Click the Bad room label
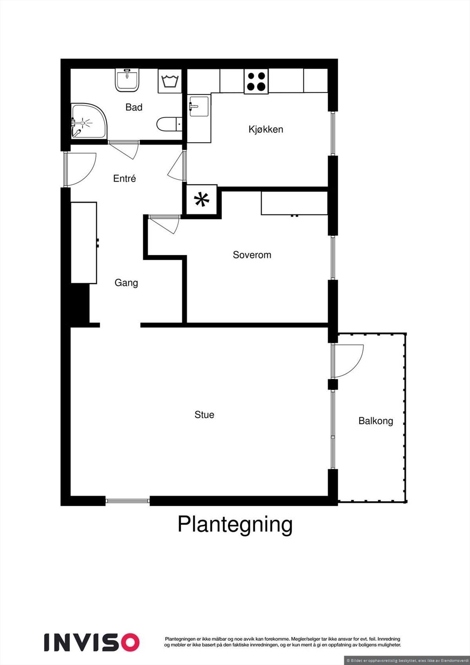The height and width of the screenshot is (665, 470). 134,107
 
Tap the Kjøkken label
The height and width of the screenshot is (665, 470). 266,129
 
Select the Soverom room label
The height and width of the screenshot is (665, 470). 252,255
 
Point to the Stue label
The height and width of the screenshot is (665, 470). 204,414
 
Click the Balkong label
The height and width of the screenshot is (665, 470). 376,421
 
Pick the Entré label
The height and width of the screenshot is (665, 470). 124,178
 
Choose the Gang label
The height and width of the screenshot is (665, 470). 126,283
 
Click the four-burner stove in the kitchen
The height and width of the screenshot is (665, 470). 256,81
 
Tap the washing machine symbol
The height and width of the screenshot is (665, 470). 169,81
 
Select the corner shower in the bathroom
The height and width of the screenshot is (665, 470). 87,121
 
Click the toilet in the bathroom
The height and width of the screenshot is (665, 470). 169,124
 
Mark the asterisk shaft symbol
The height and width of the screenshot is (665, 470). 202,200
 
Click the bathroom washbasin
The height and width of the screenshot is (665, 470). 127,80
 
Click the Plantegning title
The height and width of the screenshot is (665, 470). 235,525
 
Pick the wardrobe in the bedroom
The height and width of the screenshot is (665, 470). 294,203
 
